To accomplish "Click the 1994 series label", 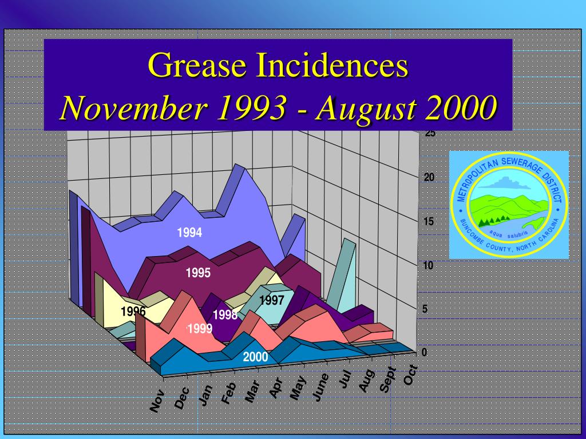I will coord(189,233).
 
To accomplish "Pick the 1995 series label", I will coord(198,273).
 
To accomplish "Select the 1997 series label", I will coord(272,301).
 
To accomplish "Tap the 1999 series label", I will coord(201,329).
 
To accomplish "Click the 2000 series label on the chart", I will coord(255,357).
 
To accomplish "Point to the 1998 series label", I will coord(225,315).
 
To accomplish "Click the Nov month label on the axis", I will coord(157,400).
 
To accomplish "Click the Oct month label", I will coord(410,375).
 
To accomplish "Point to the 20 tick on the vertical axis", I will coord(429,178).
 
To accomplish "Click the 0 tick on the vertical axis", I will coord(424,352).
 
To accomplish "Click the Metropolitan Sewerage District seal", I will coord(509,205).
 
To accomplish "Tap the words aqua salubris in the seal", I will coord(508,234).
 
